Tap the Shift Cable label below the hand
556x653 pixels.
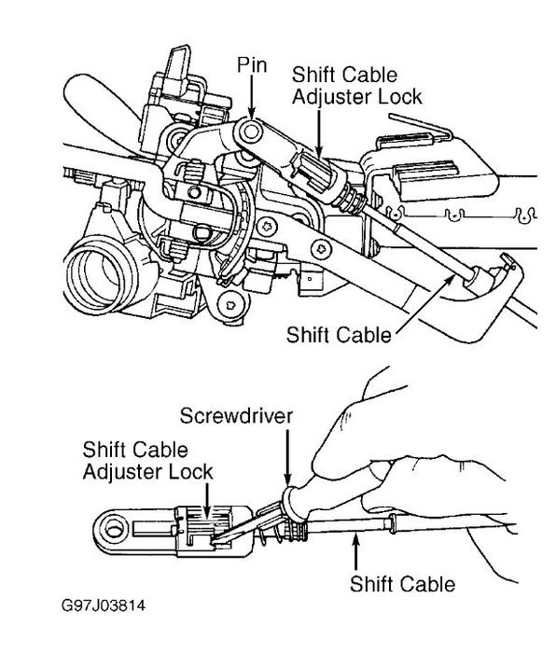pos(403,585)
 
